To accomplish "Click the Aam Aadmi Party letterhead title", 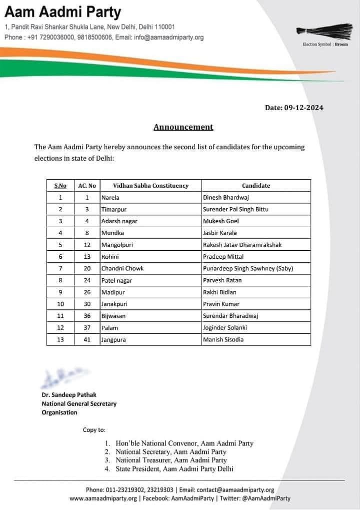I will click(62, 12).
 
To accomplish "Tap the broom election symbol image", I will click(324, 31).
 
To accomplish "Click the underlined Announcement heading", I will click(183, 127).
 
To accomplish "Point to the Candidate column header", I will click(256, 186).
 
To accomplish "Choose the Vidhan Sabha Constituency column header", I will click(150, 186).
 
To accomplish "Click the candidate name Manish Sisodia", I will click(223, 340).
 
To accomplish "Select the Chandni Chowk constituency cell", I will click(122, 268).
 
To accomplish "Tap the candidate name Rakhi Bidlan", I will click(219, 292).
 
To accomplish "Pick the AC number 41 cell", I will click(87, 340).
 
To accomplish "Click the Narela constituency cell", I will click(110, 198).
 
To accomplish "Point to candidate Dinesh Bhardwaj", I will click(226, 198).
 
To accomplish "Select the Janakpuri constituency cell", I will click(115, 304).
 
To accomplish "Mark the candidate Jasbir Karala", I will click(220, 233).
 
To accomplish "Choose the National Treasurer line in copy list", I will click(171, 460).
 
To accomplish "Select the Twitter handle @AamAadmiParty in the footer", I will click(266, 498).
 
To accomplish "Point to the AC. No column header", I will click(87, 186).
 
